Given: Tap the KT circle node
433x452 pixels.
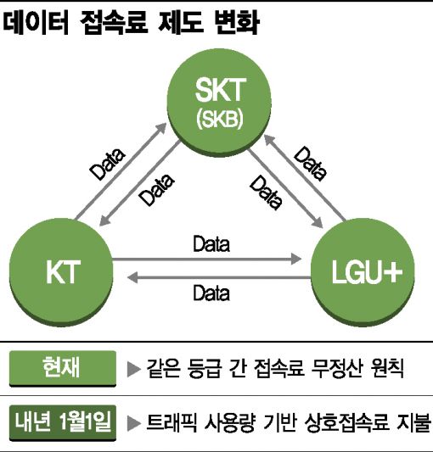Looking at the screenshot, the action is pyautogui.click(x=61, y=271).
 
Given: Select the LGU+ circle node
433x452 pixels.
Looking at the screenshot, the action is pyautogui.click(x=363, y=272).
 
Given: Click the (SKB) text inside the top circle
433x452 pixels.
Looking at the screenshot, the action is pyautogui.click(x=219, y=119).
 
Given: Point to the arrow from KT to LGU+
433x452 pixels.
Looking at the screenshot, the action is pyautogui.click(x=206, y=259).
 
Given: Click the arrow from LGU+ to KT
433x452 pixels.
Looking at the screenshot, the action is pyautogui.click(x=219, y=277).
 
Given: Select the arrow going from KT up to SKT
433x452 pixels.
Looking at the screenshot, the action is pyautogui.click(x=121, y=171).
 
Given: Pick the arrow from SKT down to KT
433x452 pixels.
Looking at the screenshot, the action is pyautogui.click(x=140, y=182).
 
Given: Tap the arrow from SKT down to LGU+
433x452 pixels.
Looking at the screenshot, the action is pyautogui.click(x=286, y=188).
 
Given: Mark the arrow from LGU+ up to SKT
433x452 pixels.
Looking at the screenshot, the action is pyautogui.click(x=305, y=178).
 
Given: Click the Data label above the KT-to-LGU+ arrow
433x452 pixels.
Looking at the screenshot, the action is pyautogui.click(x=211, y=244).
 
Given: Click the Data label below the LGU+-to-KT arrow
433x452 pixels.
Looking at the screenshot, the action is pyautogui.click(x=211, y=293).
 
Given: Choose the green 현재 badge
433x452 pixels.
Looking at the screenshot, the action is pyautogui.click(x=63, y=368).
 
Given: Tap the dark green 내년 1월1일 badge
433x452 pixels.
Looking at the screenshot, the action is pyautogui.click(x=63, y=423).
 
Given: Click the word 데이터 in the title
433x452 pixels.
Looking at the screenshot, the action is pyautogui.click(x=36, y=23).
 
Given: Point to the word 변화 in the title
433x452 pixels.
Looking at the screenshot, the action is pyautogui.click(x=236, y=23).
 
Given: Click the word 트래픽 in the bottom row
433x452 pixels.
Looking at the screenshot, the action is pyautogui.click(x=172, y=423).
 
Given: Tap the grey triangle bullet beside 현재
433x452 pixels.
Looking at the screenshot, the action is pyautogui.click(x=133, y=369).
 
